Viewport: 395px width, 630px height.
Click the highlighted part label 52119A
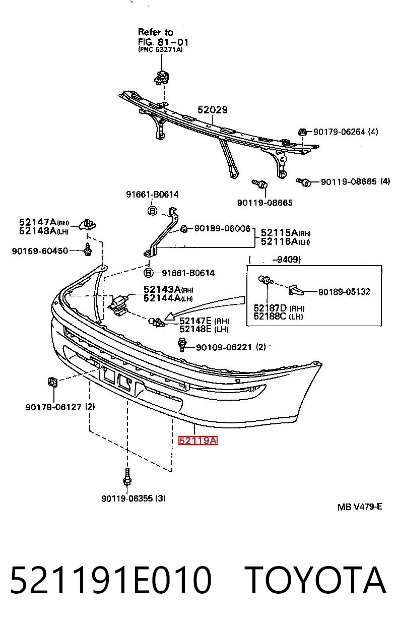click(197, 440)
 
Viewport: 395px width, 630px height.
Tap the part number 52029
click(212, 110)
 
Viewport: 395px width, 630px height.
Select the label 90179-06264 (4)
click(346, 132)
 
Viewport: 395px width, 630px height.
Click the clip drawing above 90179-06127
click(52, 382)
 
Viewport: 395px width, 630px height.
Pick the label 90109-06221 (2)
click(231, 347)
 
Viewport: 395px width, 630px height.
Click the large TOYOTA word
click(315, 580)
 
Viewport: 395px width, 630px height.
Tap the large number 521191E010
click(111, 580)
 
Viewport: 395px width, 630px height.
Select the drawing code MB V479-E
click(360, 507)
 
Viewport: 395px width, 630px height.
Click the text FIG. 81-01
click(163, 42)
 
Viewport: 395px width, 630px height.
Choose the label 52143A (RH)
click(168, 289)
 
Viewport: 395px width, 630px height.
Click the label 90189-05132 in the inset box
click(345, 292)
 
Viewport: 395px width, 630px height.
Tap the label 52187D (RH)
click(279, 308)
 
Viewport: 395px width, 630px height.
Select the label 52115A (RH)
click(286, 232)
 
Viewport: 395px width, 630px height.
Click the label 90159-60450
click(40, 250)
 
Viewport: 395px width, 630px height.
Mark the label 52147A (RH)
click(44, 222)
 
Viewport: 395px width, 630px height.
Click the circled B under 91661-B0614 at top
click(152, 211)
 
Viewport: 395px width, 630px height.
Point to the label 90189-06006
click(222, 228)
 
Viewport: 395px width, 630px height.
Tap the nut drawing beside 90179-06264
click(302, 132)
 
